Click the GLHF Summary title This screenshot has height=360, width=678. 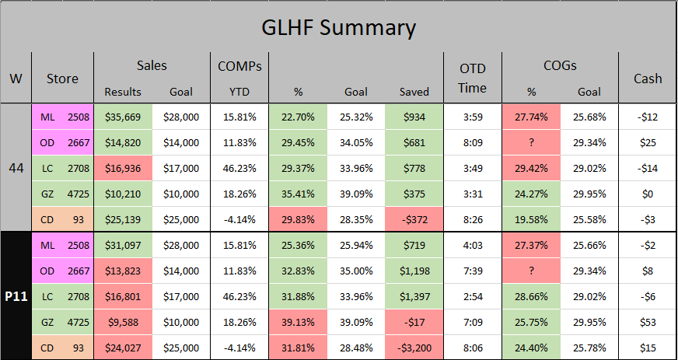pyautogui.click(x=338, y=28)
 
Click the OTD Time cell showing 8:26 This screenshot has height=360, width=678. pyautogui.click(x=472, y=219)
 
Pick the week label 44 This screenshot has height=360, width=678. pyautogui.click(x=16, y=168)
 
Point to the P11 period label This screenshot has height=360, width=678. pyautogui.click(x=16, y=296)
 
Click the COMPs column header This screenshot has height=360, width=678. pyautogui.click(x=239, y=67)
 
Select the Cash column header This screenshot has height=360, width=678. pyautogui.click(x=648, y=78)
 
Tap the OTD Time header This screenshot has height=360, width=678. pyautogui.click(x=472, y=78)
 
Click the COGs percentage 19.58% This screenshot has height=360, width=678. pyautogui.click(x=532, y=219)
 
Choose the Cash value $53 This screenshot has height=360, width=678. pyautogui.click(x=648, y=322)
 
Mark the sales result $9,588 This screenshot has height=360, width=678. pyautogui.click(x=123, y=322)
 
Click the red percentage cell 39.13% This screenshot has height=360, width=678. pyautogui.click(x=298, y=322)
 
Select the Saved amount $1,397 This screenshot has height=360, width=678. pyautogui.click(x=414, y=296)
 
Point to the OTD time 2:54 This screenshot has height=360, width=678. pyautogui.click(x=472, y=296)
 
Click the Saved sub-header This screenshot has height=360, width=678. pyautogui.click(x=414, y=92)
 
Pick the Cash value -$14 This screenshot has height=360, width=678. pyautogui.click(x=648, y=168)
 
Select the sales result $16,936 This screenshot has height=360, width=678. pyautogui.click(x=123, y=168)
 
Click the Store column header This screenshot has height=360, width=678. pyautogui.click(x=62, y=78)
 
